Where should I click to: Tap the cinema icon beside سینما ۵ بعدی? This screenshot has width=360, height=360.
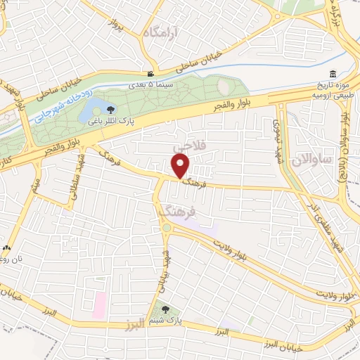150,74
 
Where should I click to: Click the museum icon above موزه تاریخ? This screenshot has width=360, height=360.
332,74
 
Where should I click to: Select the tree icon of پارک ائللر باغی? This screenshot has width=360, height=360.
110,108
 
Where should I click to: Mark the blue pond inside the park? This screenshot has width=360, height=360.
89,112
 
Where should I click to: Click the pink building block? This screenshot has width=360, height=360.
99,304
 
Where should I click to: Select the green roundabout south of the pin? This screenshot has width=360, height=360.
167,227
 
